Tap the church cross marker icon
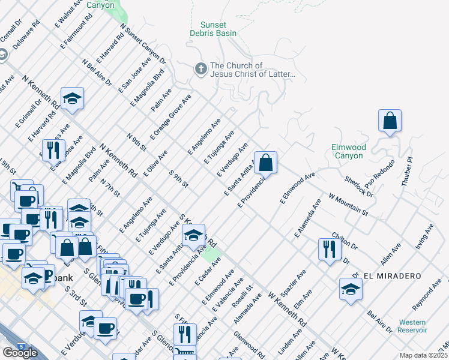pyautogui.click(x=200, y=70)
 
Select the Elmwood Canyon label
pyautogui.click(x=348, y=151)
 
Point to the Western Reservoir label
pyautogui.click(x=412, y=326)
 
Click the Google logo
pyautogui.click(x=20, y=353)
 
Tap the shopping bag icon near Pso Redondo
pyautogui.click(x=390, y=120)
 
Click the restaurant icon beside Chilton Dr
pyautogui.click(x=329, y=249)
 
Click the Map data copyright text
pyautogui.click(x=423, y=355)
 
